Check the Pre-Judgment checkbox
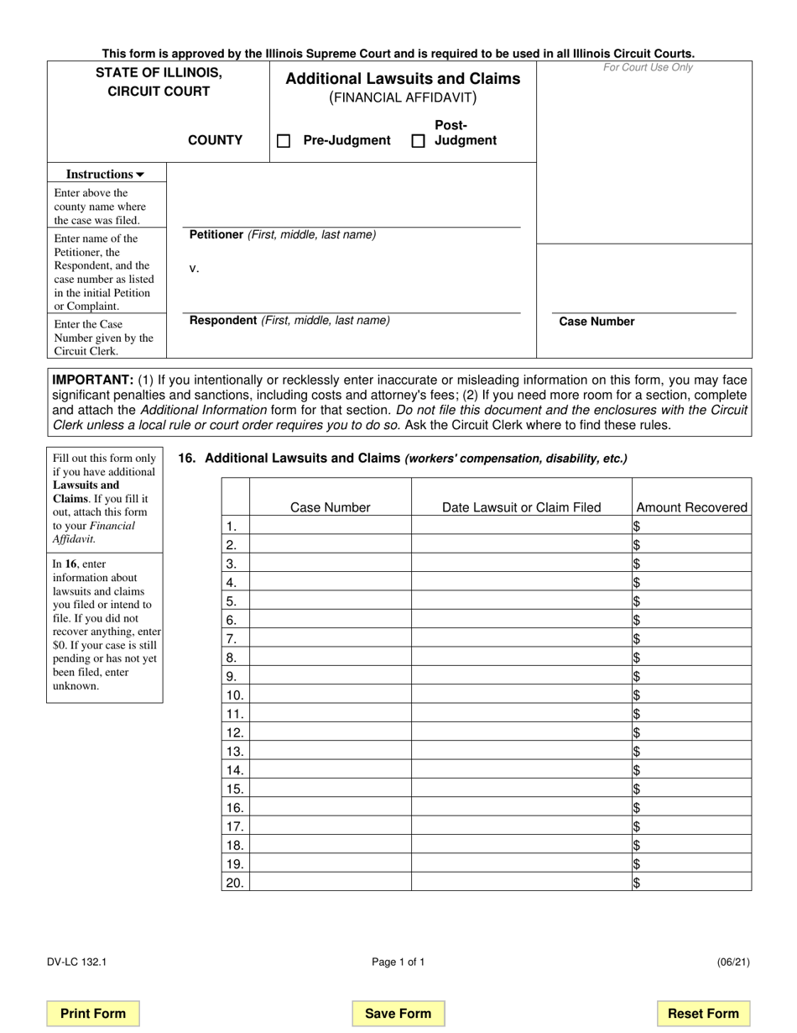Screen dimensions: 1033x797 284,141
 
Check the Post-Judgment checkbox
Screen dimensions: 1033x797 418,141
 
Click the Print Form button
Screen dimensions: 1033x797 93,1014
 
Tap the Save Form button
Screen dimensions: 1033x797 398,1014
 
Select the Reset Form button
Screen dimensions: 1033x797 703,1014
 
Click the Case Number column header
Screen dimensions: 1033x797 330,507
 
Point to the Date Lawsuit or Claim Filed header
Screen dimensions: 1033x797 521,507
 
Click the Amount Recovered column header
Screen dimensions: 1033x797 691,507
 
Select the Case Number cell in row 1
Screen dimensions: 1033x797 330,527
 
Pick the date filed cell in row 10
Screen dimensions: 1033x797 521,695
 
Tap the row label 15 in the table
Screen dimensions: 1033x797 235,789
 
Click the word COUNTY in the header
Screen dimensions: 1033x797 215,141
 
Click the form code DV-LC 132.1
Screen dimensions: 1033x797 76,962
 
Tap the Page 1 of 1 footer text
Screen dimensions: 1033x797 398,962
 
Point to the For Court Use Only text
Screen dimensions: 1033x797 648,68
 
